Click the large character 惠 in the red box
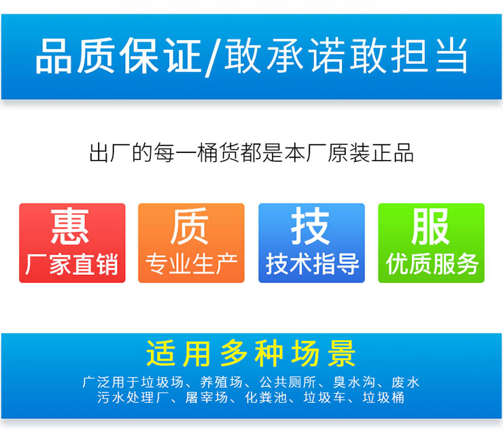tap(69, 227)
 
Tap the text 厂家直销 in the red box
tap(72, 265)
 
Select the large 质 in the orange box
tap(190, 227)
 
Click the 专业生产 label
tap(192, 265)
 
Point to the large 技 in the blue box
tap(310, 226)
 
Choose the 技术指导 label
tap(312, 264)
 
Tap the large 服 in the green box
tap(430, 227)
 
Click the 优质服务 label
tap(432, 264)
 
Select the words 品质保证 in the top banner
tap(119, 56)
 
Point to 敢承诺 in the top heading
tap(285, 55)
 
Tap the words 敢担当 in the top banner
tap(409, 55)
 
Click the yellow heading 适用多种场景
tap(251, 353)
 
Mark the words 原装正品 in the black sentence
tap(370, 152)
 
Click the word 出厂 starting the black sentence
tap(109, 152)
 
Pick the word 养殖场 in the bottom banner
tap(221, 382)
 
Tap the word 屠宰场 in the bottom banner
tap(206, 398)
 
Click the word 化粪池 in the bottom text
tap(266, 398)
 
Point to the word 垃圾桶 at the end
tap(383, 398)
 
